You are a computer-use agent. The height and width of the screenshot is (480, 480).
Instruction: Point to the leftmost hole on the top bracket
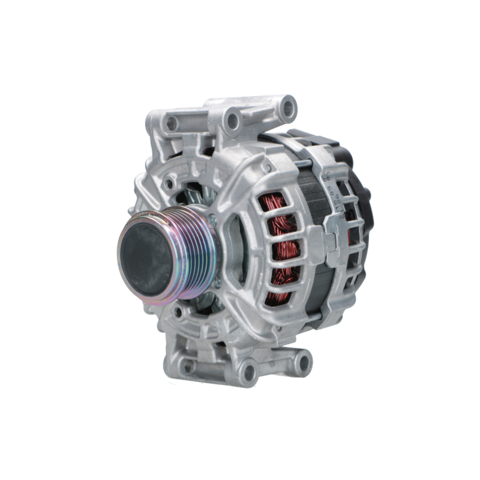(x=171, y=124)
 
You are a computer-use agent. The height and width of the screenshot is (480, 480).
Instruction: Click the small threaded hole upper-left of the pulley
(x=169, y=183)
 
